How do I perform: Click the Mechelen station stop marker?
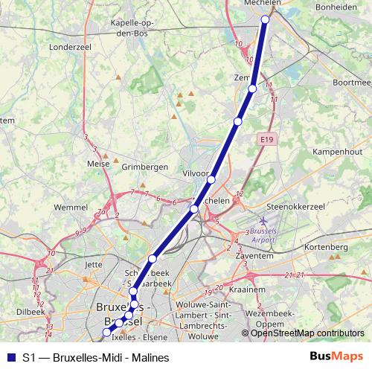(x=265, y=19)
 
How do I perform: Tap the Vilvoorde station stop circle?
(x=211, y=179)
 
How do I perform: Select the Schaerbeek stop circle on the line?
(x=152, y=259)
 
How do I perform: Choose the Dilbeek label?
(x=31, y=312)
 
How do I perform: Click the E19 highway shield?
(x=268, y=138)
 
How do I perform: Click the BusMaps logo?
(x=336, y=357)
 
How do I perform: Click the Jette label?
(x=94, y=263)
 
